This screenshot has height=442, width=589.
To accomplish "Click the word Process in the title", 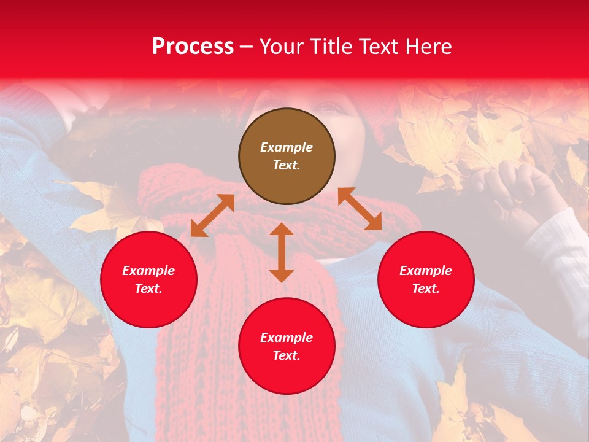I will pos(193,47).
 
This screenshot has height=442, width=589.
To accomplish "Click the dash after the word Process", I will pos(246,47).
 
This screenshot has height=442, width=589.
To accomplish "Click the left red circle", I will pos(148,279).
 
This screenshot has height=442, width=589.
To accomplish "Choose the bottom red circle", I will pos(287,346).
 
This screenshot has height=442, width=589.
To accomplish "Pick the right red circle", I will pos(426,279).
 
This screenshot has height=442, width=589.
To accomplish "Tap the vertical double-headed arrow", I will pos(282,252).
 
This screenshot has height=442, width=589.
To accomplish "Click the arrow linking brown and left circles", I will pos(212,215).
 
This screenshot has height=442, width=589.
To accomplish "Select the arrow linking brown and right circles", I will pos(360,209).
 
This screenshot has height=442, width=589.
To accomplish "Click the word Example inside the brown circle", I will pos(287,147).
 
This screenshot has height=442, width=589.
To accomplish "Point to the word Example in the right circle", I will pos(426,271).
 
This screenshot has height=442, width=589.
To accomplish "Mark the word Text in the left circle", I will pos(148,289).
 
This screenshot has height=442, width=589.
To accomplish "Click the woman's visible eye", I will pos(332,107).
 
